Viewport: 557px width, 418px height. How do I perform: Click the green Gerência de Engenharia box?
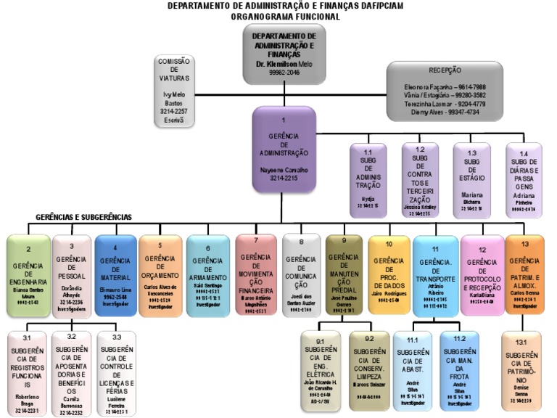pyautogui.click(x=28, y=276)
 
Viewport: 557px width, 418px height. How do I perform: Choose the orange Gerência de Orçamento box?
pyautogui.click(x=160, y=276)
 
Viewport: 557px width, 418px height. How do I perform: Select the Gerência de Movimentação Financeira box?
pyautogui.click(x=256, y=276)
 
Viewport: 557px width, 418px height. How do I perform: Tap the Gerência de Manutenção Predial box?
pyautogui.click(x=344, y=276)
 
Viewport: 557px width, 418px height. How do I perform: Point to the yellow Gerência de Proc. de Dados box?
pyautogui.click(x=388, y=276)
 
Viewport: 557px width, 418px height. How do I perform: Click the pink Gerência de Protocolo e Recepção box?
pyautogui.click(x=482, y=276)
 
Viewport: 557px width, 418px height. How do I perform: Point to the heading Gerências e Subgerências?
pyautogui.click(x=84, y=217)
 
